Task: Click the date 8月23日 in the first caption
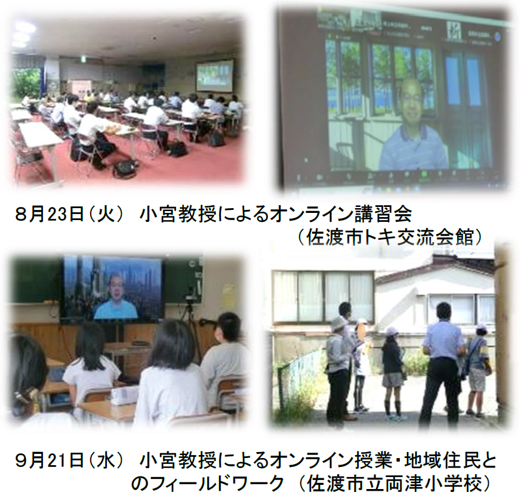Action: click(x=49, y=215)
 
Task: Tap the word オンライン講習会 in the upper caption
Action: click(x=341, y=215)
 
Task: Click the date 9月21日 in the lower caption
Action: click(x=49, y=460)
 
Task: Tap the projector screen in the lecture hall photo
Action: click(x=214, y=76)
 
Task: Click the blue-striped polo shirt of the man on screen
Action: click(x=414, y=148)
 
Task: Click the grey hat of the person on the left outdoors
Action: click(x=339, y=323)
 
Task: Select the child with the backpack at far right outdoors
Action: click(x=477, y=369)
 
